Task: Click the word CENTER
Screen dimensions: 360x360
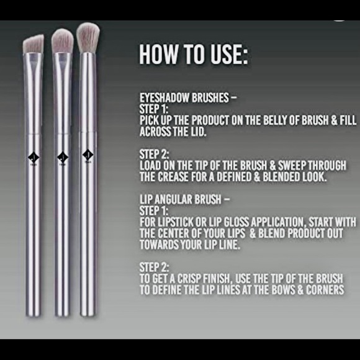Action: [x=179, y=232]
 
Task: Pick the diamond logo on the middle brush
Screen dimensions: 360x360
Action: [x=61, y=156]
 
